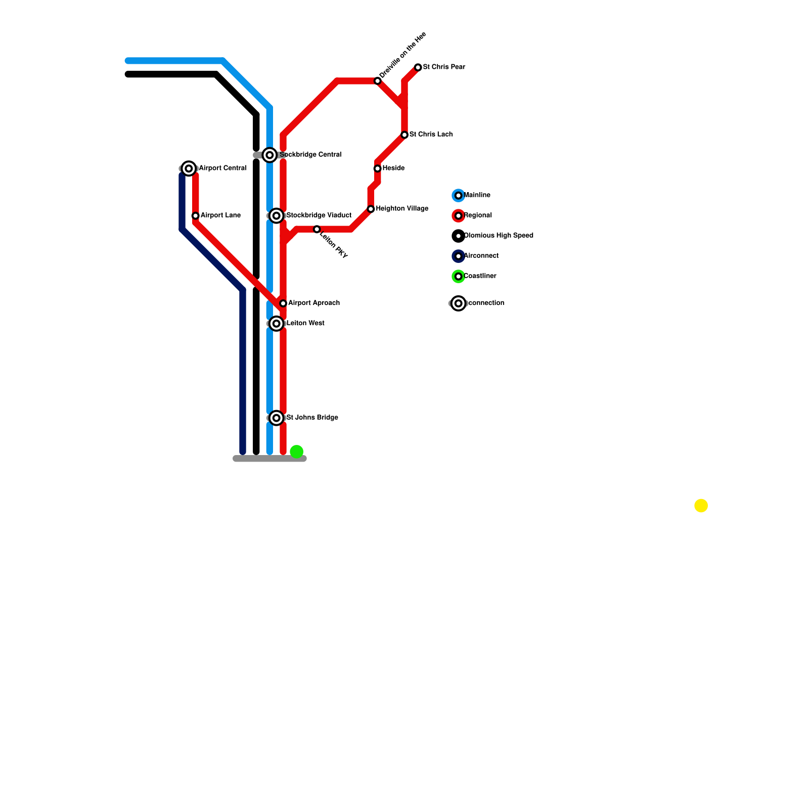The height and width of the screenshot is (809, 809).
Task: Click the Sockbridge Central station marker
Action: point(269,155)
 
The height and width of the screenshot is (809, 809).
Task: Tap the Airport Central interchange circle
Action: point(189,168)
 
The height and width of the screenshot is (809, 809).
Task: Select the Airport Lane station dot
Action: point(195,216)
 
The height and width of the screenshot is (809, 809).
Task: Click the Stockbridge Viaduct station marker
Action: point(276,216)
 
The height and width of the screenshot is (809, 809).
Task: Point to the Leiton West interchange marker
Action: point(276,324)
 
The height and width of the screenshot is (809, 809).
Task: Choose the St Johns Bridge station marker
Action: point(276,418)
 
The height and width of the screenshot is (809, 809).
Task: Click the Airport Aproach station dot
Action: point(283,303)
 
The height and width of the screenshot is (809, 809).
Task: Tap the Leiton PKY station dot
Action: point(317,230)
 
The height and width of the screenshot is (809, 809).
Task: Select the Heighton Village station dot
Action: point(371,209)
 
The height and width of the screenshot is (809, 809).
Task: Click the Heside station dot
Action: point(377,168)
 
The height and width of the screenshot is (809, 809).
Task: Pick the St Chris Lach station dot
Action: point(404,135)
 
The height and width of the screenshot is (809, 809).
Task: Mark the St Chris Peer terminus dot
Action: point(418,67)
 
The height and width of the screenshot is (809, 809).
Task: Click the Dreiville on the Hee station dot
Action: point(377,81)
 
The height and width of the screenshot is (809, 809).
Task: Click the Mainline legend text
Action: point(477,195)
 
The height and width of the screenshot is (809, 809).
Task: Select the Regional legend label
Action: point(478,215)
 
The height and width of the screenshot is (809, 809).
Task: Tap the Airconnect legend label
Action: point(481,256)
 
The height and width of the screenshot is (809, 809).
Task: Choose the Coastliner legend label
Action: point(480,276)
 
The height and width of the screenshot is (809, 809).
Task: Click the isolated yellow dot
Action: point(701,506)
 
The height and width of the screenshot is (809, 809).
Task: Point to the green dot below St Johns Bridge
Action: point(296,452)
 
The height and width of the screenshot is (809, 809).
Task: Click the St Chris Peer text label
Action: point(444,67)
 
